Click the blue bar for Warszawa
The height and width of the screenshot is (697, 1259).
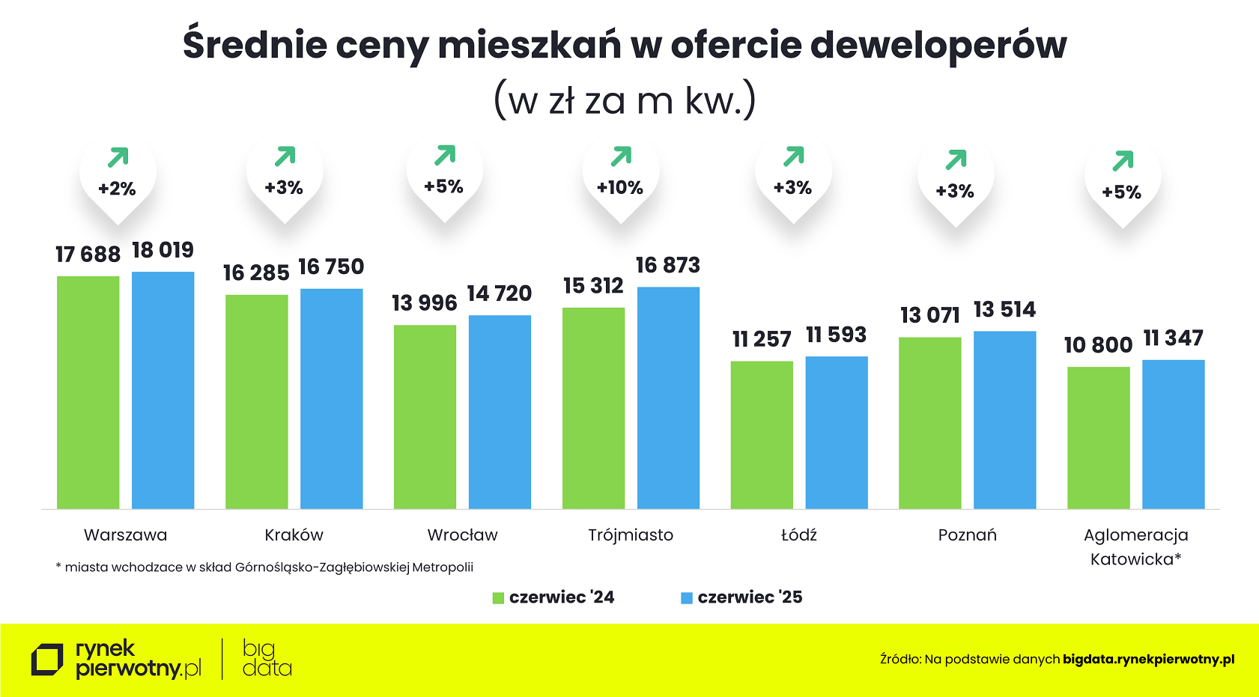tap(163, 389)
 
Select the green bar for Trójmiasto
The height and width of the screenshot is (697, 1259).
tap(593, 408)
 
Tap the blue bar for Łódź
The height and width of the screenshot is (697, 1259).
tap(837, 432)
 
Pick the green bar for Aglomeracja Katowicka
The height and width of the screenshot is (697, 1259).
tap(1098, 437)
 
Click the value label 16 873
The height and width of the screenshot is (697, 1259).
tap(667, 265)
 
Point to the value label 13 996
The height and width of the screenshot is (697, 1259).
tap(424, 303)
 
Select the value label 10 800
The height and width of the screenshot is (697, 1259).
tap(1098, 345)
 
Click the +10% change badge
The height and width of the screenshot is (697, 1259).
tap(620, 188)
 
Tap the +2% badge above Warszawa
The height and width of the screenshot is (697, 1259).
tap(118, 189)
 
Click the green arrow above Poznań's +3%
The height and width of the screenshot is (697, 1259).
tap(956, 159)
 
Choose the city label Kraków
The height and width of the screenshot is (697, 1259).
tap(294, 535)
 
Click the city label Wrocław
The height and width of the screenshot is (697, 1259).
tap(462, 535)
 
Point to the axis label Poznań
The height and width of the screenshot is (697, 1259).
tap(967, 535)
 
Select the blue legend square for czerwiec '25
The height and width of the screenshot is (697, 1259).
tap(686, 598)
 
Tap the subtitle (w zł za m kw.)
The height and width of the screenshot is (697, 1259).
tap(625, 100)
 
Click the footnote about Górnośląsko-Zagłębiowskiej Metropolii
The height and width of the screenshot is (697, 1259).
tap(264, 567)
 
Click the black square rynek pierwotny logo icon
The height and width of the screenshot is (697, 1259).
tap(47, 660)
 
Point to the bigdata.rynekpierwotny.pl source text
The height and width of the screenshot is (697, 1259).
tap(1148, 660)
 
